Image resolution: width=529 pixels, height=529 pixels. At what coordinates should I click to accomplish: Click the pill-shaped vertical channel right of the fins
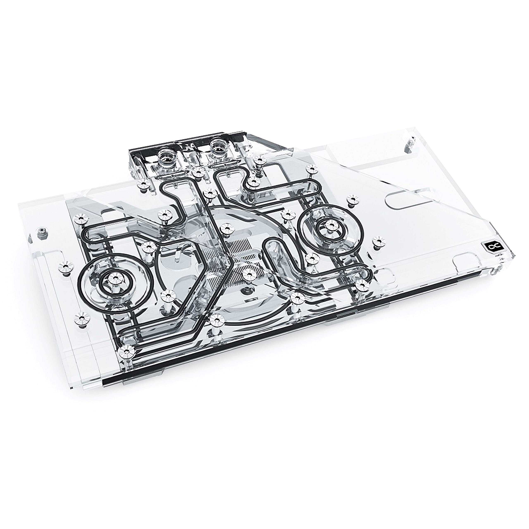[x=274, y=252]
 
